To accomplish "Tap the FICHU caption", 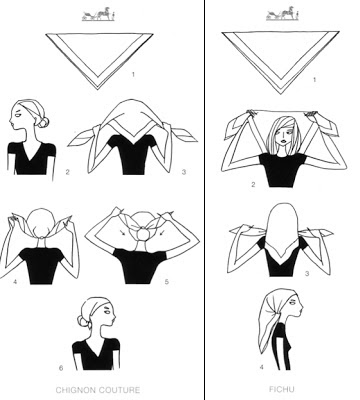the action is (281, 389).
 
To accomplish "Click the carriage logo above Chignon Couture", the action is (98, 14).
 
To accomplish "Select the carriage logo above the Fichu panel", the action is (282, 14).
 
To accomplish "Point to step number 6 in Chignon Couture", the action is (61, 368).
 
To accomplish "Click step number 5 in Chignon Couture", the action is (166, 282).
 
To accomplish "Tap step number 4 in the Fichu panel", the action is (262, 367).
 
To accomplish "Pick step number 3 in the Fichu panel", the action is (307, 274).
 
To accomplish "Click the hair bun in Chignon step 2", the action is (43, 122).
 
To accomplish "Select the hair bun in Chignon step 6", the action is (83, 321).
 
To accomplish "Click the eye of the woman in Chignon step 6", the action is (107, 312).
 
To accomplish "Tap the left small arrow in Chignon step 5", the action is (123, 233).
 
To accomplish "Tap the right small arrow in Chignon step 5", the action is (162, 233).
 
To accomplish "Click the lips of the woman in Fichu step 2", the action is (283, 140).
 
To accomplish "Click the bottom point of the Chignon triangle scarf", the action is (98, 89).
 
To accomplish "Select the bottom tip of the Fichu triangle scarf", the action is (281, 94).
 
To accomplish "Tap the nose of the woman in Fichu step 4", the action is (302, 311).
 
